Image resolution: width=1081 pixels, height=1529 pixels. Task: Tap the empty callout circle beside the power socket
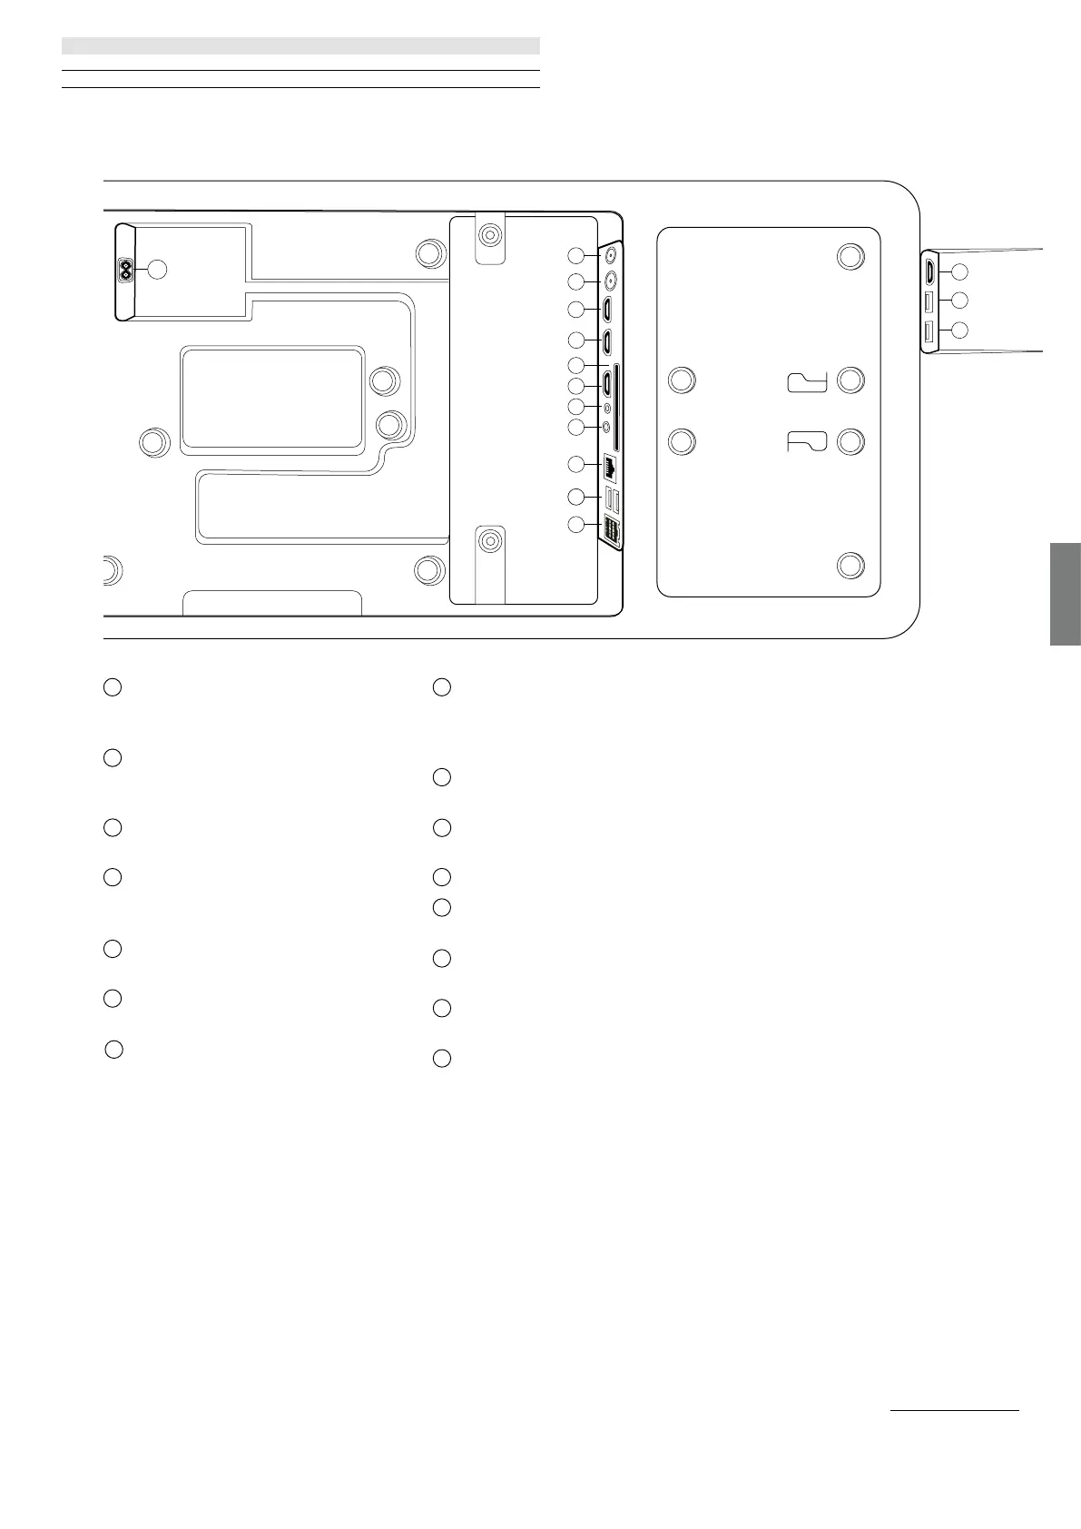(x=157, y=270)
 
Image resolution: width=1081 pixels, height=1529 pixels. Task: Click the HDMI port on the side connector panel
(x=930, y=271)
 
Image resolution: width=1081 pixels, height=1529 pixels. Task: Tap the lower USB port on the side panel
(x=929, y=332)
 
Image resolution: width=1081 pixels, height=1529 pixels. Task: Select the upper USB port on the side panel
(x=929, y=301)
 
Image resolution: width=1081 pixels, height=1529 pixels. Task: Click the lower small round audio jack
(x=606, y=427)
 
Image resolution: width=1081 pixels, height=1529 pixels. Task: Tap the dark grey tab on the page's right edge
(x=1066, y=594)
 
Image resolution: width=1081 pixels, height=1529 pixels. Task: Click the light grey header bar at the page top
(x=300, y=45)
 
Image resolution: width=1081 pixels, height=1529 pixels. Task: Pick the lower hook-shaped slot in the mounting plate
(x=807, y=442)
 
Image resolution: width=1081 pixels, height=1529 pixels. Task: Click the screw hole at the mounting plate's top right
(x=850, y=257)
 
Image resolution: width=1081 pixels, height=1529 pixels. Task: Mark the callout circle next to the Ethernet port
(x=575, y=465)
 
